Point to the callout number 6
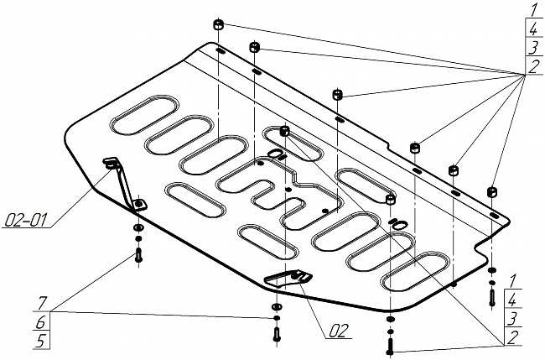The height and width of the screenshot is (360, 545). point(39,321)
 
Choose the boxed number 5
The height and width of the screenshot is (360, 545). point(39,340)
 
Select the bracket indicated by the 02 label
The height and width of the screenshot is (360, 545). point(285,276)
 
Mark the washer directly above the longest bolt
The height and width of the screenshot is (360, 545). point(389,320)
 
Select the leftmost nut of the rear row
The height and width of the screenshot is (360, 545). point(218,25)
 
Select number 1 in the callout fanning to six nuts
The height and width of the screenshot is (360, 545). point(532,11)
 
